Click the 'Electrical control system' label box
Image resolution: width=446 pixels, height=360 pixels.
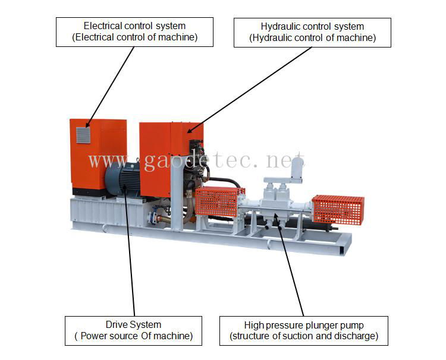tap(134, 32)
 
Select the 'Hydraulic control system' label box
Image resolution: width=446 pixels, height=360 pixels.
tap(312, 32)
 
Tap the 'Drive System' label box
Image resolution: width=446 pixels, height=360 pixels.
tap(133, 330)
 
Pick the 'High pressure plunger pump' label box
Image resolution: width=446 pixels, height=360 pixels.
tap(304, 330)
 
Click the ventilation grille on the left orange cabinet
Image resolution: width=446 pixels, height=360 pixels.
tap(83, 135)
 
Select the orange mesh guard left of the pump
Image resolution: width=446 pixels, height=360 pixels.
tap(219, 202)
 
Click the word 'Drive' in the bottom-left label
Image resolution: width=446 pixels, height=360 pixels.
tap(117, 325)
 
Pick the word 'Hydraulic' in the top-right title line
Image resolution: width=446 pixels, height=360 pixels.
tap(279, 27)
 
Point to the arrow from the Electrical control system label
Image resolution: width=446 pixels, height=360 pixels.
tap(110, 86)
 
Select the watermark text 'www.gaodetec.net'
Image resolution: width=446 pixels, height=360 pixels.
tap(196, 160)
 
